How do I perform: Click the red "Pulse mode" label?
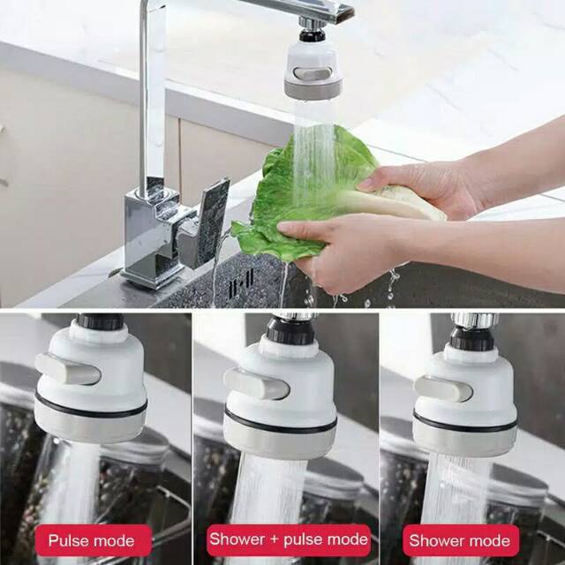pos(91,540)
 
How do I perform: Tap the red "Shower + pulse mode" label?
pos(288,539)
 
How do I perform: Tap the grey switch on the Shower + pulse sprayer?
pos(256,384)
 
